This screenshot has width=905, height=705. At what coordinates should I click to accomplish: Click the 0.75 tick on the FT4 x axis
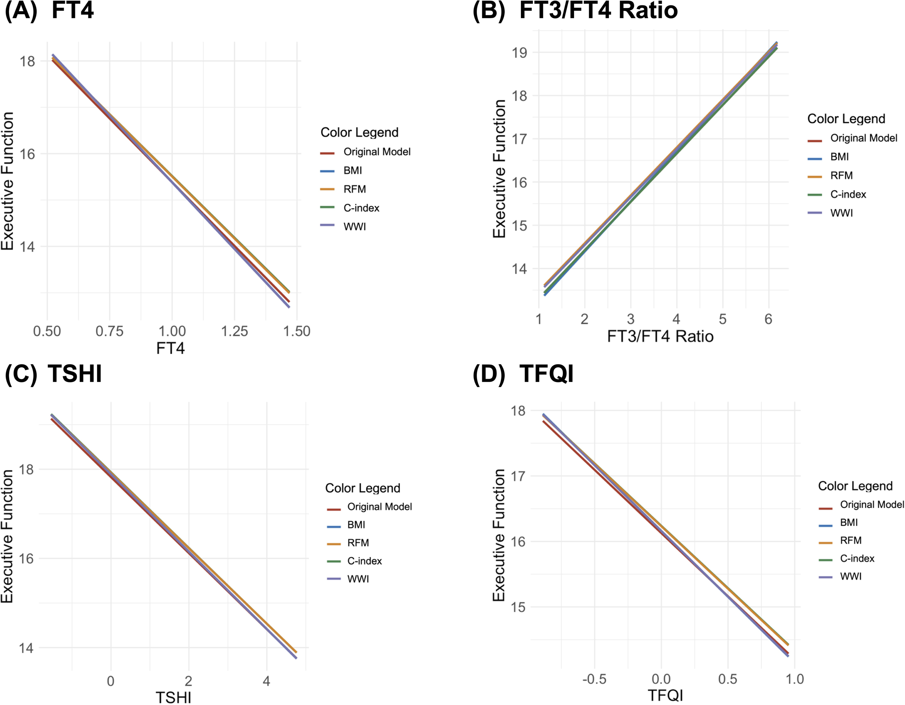point(109,331)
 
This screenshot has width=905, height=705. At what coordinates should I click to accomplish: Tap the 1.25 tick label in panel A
point(235,331)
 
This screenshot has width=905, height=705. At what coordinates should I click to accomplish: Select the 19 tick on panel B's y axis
point(519,53)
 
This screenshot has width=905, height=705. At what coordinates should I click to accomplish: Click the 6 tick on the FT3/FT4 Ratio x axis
point(768,319)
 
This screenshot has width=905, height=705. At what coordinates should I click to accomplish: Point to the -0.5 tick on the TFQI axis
point(594,679)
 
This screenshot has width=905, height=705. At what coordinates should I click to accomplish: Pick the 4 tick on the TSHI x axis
point(266,681)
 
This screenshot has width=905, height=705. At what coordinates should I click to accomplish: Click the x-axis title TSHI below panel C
point(173,697)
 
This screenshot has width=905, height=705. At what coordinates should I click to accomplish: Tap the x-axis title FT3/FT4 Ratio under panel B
point(660,336)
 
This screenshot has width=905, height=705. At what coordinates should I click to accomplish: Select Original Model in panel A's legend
point(377,152)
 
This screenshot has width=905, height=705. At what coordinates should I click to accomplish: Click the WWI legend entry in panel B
point(841,213)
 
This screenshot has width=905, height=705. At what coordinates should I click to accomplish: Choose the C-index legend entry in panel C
point(364,561)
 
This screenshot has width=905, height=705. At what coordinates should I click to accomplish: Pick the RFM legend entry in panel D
point(850,541)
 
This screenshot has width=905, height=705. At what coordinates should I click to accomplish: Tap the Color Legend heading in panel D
point(855,486)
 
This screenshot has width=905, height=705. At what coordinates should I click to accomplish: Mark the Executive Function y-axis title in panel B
point(499,169)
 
